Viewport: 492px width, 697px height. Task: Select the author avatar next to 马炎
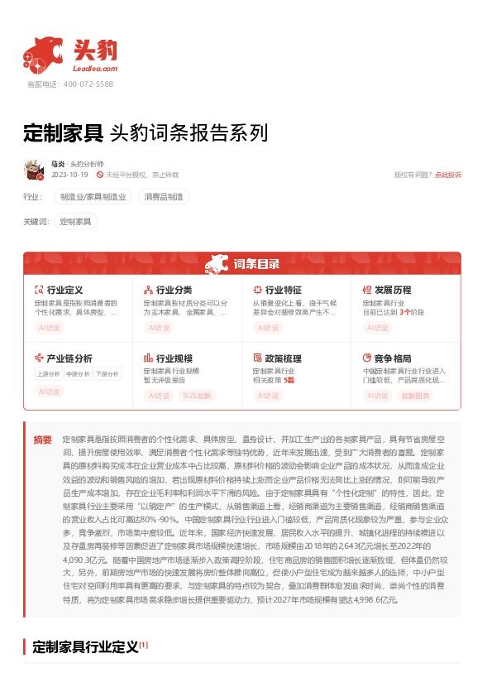pos(34,170)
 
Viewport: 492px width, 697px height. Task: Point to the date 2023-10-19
pos(69,175)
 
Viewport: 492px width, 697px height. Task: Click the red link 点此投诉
pos(448,175)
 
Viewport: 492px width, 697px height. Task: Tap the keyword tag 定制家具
pos(76,221)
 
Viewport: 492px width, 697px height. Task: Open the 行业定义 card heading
pos(64,291)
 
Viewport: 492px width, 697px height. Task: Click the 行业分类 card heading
pos(174,291)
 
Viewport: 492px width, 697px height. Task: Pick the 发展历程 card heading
pos(393,291)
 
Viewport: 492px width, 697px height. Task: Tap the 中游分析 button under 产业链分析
pos(79,373)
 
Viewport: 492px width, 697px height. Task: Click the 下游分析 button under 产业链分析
pos(107,373)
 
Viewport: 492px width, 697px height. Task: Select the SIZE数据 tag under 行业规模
pos(196,396)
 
